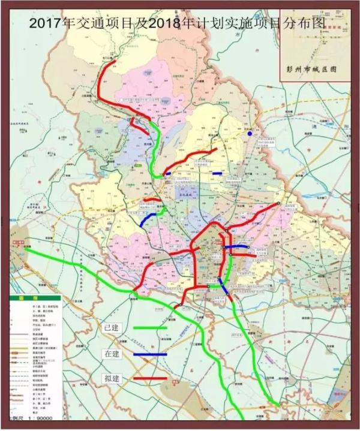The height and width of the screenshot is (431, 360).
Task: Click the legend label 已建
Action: pos(112,328)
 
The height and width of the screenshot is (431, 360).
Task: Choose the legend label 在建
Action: pos(112,354)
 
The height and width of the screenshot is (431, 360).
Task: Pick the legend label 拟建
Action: pos(112,379)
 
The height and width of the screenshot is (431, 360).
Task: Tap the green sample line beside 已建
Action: pos(149,328)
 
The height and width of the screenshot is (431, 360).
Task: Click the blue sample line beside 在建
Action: pos(149,354)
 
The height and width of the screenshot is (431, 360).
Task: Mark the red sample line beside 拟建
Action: pos(149,379)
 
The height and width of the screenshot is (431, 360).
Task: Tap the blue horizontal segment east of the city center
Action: pos(236,246)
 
